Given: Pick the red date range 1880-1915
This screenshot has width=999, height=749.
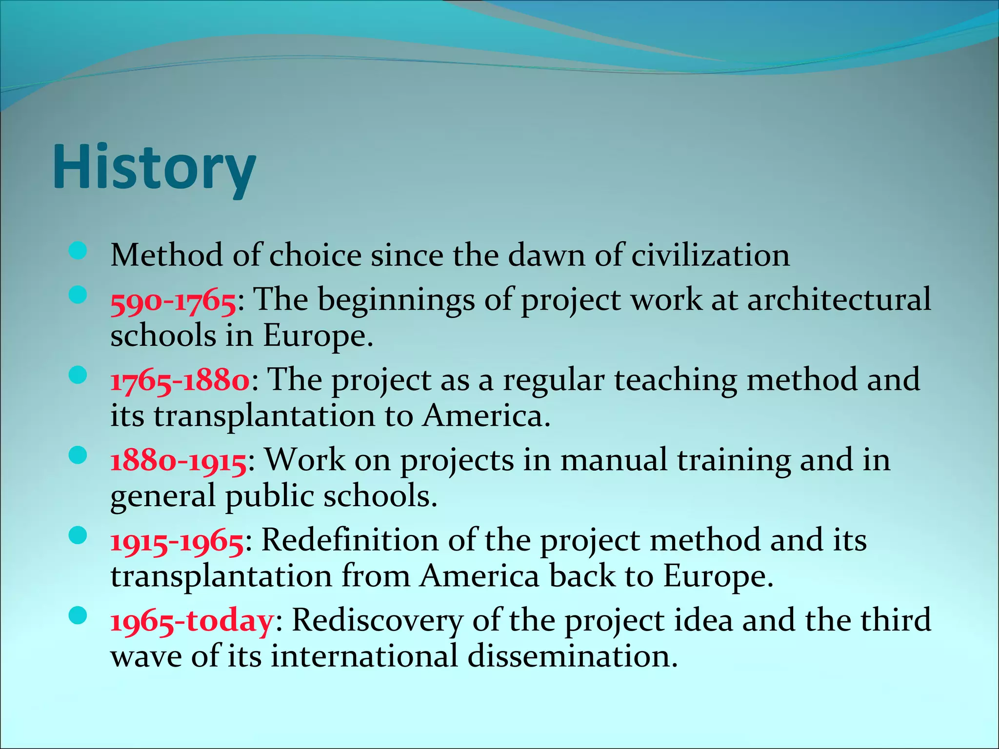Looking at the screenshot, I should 178,461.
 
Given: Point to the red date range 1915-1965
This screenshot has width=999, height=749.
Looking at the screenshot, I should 177,542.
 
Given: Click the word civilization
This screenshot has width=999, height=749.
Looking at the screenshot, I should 710,255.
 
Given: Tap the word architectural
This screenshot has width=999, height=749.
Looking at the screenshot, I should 839,299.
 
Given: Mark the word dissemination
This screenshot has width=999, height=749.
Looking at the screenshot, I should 572,656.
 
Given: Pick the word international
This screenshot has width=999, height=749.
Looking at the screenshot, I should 364,656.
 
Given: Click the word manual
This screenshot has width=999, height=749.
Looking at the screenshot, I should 613,460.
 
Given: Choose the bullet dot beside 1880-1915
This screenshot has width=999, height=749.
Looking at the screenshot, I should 78,456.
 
